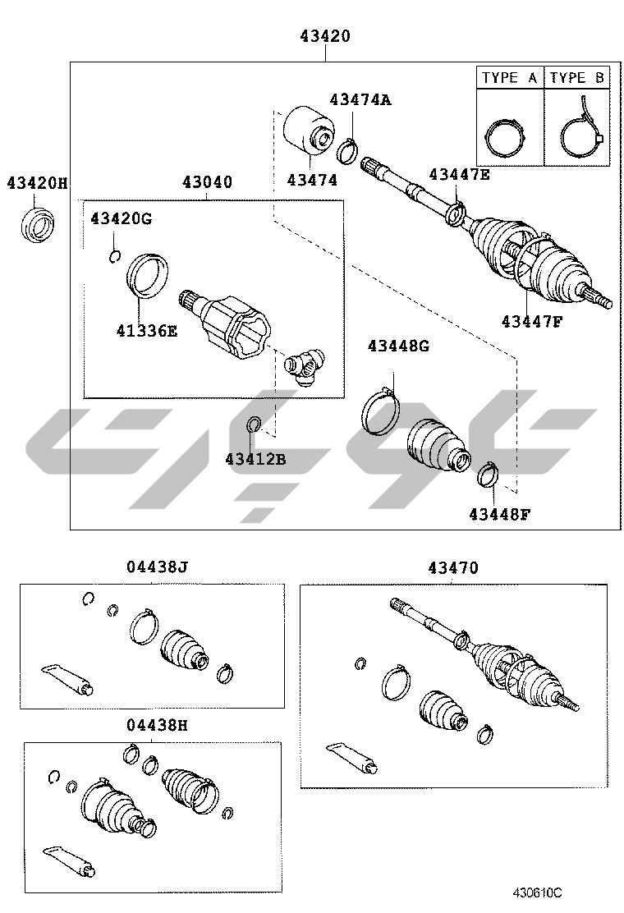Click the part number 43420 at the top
325,36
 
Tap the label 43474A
360,99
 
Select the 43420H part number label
37,183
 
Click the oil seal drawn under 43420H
37,224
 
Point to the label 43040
207,182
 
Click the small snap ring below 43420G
115,255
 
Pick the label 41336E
147,331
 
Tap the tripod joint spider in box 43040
304,367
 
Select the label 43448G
398,346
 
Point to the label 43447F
532,321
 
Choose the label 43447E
459,174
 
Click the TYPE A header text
509,77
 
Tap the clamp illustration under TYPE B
580,133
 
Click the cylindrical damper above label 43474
309,129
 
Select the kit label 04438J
158,567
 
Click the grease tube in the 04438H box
69,860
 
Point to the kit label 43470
453,567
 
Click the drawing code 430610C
537,892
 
